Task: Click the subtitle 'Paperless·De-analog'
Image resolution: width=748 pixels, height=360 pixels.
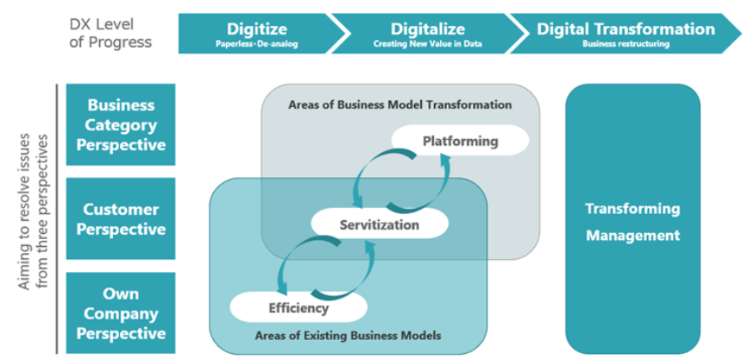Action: click(x=256, y=43)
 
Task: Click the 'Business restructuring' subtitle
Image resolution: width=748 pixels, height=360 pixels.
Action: click(x=625, y=43)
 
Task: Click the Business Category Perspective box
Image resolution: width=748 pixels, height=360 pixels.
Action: click(x=121, y=124)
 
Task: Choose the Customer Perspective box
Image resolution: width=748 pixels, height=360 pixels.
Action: click(x=121, y=219)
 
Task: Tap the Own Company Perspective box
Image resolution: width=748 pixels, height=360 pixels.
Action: click(x=121, y=313)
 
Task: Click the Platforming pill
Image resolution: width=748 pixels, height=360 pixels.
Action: click(x=460, y=140)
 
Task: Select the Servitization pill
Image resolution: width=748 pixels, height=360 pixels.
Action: click(x=378, y=224)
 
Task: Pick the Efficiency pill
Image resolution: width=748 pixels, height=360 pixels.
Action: click(x=298, y=307)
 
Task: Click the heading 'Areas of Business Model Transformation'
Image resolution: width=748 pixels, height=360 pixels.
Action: click(x=399, y=104)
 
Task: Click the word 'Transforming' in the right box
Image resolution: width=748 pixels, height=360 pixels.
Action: click(x=632, y=209)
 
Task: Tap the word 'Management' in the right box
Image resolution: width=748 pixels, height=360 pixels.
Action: click(x=632, y=235)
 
